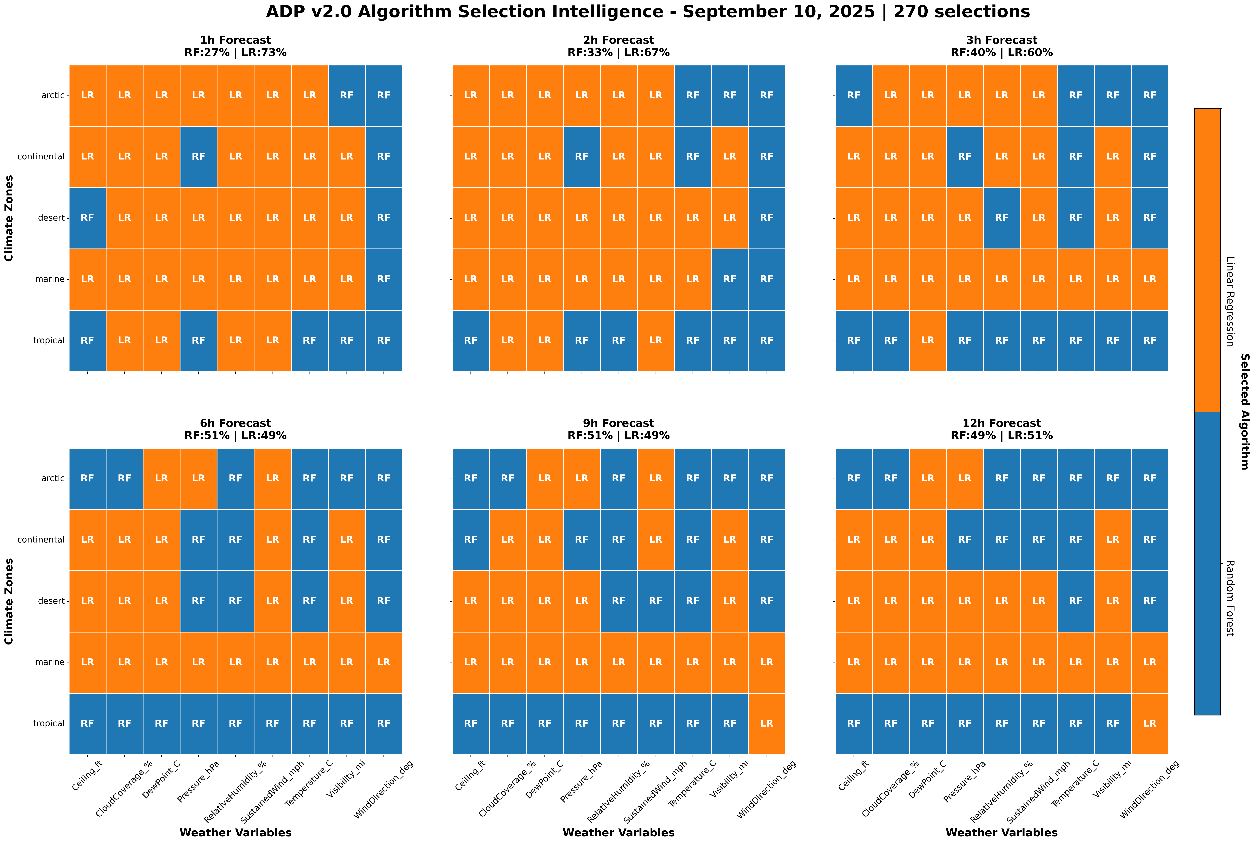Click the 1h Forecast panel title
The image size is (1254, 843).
[x=236, y=46]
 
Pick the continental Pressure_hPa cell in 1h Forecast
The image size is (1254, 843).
[x=198, y=156]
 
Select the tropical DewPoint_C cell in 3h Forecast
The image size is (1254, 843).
[x=928, y=340]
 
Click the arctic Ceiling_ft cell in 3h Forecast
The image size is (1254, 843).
[x=853, y=95]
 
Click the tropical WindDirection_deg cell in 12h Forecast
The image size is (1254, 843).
[x=1150, y=724]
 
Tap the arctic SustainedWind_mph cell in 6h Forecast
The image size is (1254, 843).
[x=273, y=478]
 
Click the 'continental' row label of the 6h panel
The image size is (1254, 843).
[x=41, y=540]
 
